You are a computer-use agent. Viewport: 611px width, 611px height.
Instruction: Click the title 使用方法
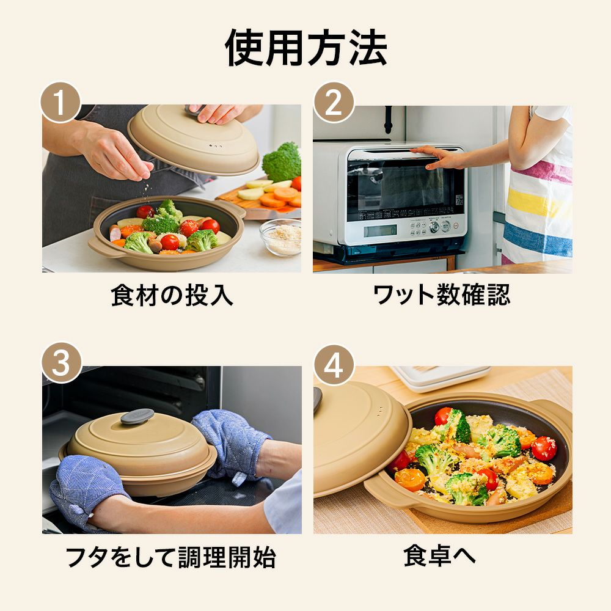point(305,48)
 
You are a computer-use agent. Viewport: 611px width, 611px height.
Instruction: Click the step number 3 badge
point(60,364)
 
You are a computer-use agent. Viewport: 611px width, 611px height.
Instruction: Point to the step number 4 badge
point(333,364)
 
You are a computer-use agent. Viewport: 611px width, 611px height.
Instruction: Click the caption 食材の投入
point(172,295)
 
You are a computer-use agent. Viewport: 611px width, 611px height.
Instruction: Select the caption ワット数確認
point(441,295)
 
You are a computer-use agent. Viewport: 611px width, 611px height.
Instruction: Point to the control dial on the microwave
point(434,227)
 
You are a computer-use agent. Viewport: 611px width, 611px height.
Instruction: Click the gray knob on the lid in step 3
point(137,416)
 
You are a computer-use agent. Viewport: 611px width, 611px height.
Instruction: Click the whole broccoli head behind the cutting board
point(282,161)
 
